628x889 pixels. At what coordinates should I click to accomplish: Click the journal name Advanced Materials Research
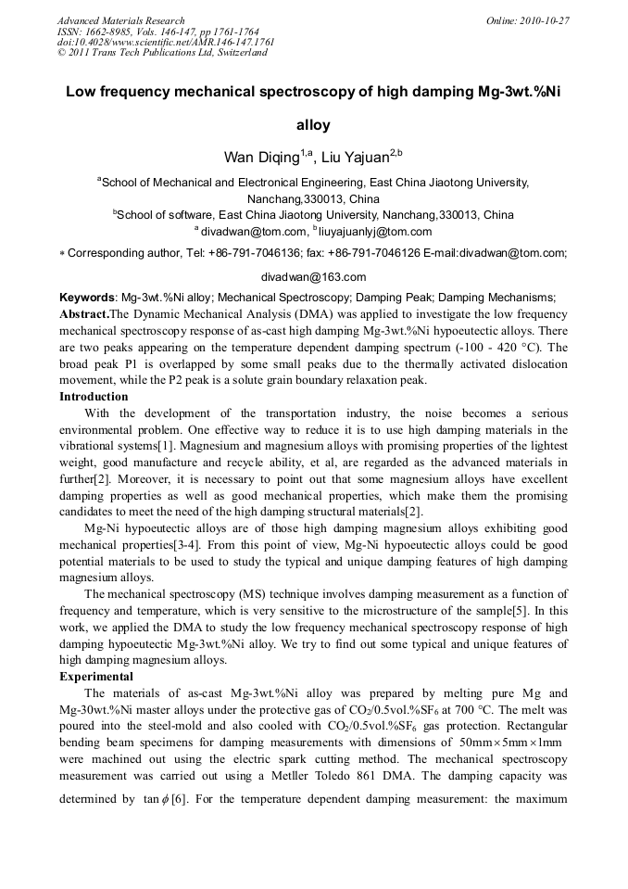tap(120, 20)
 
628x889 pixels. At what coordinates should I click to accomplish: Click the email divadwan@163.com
tap(313, 276)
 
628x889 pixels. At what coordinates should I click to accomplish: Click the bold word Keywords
tap(86, 298)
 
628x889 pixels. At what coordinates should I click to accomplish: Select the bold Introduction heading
tap(94, 397)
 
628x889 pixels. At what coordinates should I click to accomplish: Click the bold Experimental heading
tap(96, 677)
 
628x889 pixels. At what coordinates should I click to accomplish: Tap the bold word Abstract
tap(84, 314)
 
